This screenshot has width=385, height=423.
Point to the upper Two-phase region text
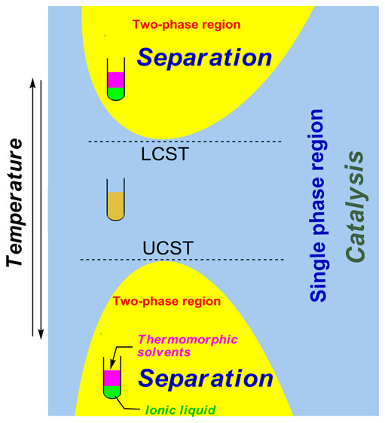[x=186, y=24]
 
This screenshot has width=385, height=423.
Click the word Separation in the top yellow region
[x=203, y=57]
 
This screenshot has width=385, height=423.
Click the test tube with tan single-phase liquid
[x=115, y=206]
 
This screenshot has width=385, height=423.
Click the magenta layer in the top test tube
[x=115, y=79]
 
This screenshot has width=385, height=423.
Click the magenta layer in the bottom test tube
[x=111, y=377]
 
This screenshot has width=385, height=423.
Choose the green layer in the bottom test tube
[x=111, y=391]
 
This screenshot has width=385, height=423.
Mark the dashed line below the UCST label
[x=182, y=260]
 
